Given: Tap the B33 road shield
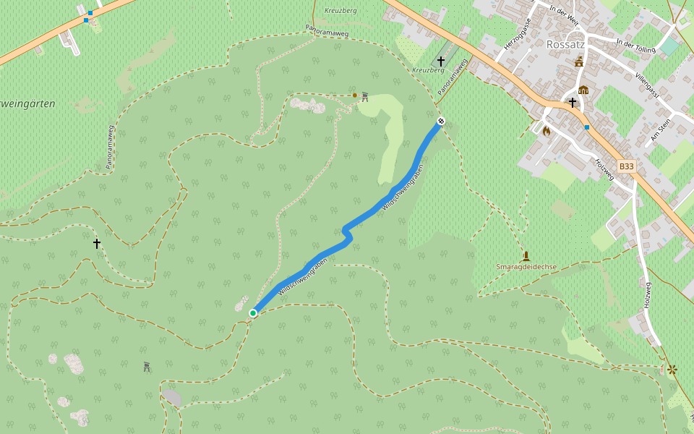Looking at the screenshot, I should click(x=626, y=166).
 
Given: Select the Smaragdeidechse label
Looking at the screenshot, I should click(x=526, y=267).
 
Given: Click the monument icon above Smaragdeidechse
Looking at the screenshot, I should click(x=526, y=255).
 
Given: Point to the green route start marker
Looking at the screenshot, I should click(x=253, y=312).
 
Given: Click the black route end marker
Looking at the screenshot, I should click(x=440, y=121).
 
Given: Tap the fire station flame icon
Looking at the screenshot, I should click(x=546, y=131).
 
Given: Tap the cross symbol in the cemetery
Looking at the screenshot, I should click(x=440, y=61).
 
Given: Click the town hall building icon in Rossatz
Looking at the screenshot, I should click(x=583, y=90).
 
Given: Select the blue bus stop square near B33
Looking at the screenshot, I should click(x=587, y=127).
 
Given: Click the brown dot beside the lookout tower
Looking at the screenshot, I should click(x=354, y=95).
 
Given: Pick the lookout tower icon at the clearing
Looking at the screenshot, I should click(x=365, y=96).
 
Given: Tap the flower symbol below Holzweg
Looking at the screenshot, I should click(x=672, y=370).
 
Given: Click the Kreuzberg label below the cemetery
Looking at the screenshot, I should click(x=427, y=70).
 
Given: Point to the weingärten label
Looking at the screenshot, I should click(x=27, y=104).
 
